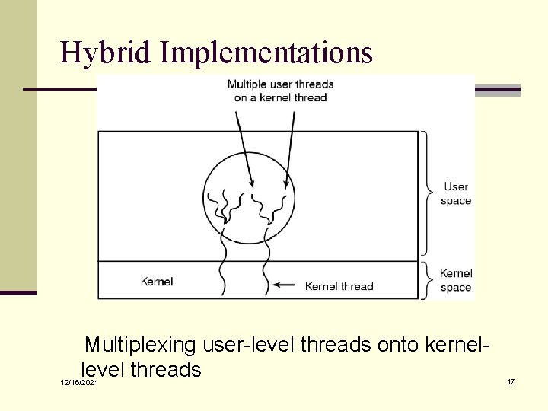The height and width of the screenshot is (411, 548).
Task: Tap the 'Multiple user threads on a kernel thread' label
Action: [x=280, y=91]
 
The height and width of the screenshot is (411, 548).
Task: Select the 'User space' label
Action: [x=456, y=194]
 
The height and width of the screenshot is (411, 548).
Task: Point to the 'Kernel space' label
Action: [x=456, y=280]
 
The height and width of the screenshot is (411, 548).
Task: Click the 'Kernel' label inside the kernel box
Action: [x=157, y=282]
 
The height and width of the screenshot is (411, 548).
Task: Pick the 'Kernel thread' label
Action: [x=339, y=286]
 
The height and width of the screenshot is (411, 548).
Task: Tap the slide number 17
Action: [x=511, y=381]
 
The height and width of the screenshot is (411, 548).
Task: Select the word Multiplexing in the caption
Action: [x=140, y=346]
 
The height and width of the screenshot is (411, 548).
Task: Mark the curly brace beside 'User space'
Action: [x=428, y=193]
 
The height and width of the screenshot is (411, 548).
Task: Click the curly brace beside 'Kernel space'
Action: [x=428, y=280]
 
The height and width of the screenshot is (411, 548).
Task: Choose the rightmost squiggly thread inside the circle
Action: [x=284, y=204]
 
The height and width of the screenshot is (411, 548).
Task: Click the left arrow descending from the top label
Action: [x=244, y=148]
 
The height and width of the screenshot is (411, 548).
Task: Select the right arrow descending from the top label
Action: [x=290, y=148]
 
